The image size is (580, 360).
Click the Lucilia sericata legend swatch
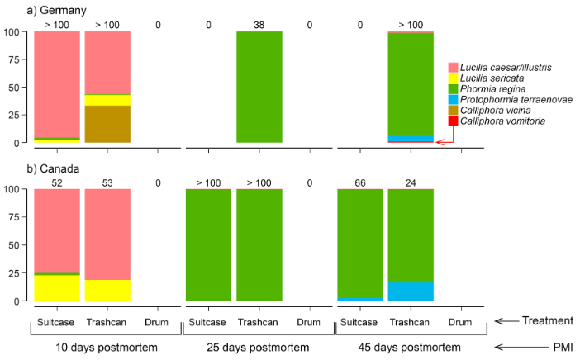pos(452,78)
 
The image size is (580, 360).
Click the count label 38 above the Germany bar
pos(259,26)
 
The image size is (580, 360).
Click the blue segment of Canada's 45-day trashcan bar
pos(411,291)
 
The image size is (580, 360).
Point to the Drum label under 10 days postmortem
pos(158,322)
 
